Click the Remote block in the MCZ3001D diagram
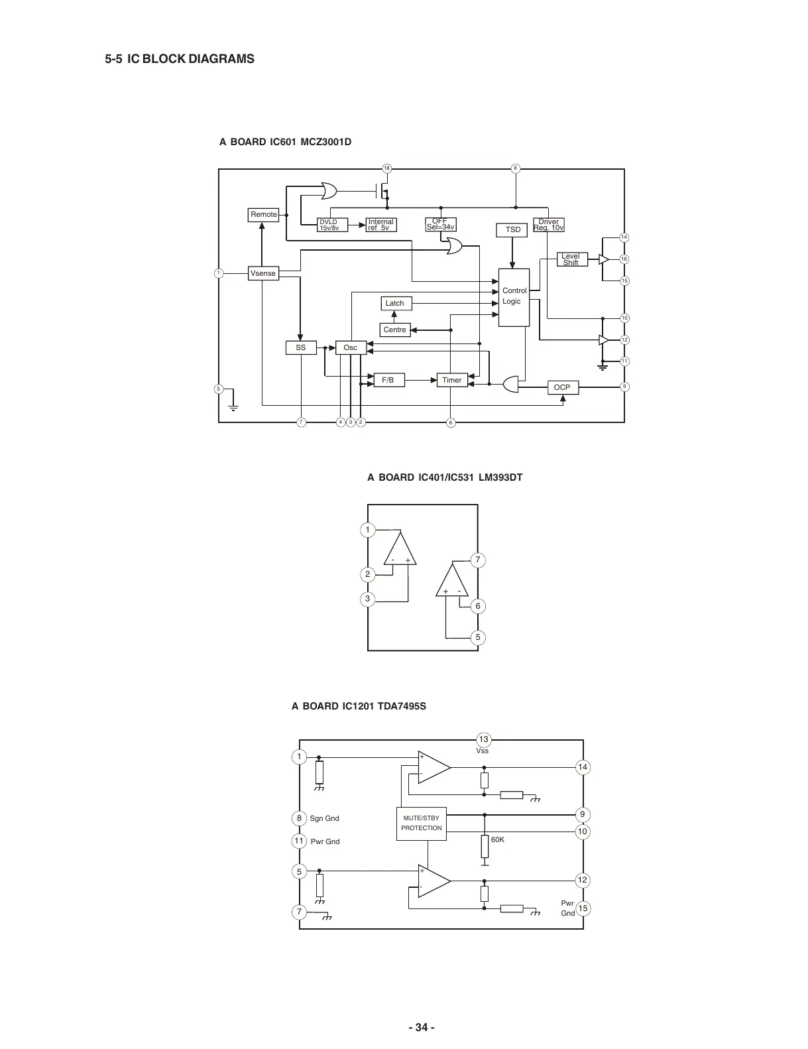[x=263, y=214]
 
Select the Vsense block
[x=263, y=273]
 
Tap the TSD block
[x=513, y=229]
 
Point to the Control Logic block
[x=514, y=297]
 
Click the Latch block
[x=395, y=303]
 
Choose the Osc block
[x=351, y=347]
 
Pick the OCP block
[x=562, y=387]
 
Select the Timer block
[x=451, y=380]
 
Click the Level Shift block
[x=571, y=259]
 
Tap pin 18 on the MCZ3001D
[x=386, y=168]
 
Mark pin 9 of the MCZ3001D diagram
[x=624, y=387]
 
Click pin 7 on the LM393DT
[x=478, y=560]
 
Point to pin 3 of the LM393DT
[x=368, y=599]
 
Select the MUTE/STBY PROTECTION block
[x=422, y=823]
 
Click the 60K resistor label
[x=498, y=839]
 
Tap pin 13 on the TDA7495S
[x=484, y=739]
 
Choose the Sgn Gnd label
[x=324, y=818]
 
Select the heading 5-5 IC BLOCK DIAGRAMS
[x=180, y=59]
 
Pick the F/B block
[x=388, y=380]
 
